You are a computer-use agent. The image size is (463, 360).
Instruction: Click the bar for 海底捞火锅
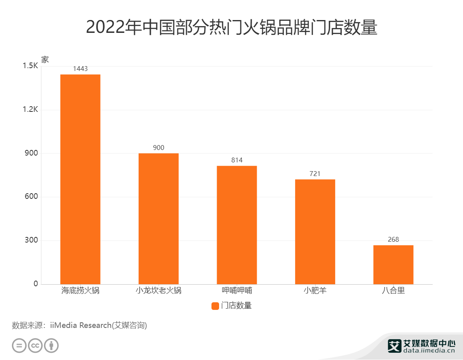coord(80,179)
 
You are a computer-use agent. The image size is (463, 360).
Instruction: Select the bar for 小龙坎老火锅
coord(159,218)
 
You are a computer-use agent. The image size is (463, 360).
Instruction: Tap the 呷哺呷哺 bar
coord(237,225)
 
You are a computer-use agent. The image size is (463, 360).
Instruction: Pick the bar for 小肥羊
coord(315,232)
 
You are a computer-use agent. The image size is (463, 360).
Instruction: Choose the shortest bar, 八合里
coord(393,265)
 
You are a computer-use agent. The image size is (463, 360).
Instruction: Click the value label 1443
coord(80,69)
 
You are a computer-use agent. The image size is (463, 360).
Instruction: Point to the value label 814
coord(237,160)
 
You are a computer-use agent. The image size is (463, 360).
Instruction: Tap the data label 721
coord(315,174)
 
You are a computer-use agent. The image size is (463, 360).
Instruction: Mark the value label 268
coord(393,240)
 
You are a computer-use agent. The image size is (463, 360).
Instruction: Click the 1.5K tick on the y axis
coord(30,66)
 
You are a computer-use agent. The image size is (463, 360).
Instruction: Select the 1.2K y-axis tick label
coord(30,109)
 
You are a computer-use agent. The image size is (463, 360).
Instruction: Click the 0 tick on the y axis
coord(36,284)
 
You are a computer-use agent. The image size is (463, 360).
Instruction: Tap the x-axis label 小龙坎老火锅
coord(159,291)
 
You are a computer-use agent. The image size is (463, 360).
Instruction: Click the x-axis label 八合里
coord(393,291)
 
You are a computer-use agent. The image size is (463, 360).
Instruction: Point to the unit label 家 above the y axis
coord(45,59)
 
